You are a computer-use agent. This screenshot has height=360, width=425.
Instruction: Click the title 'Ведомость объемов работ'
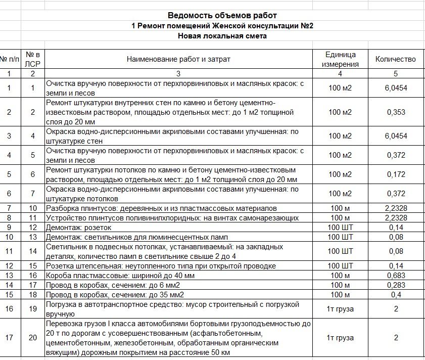click(222, 16)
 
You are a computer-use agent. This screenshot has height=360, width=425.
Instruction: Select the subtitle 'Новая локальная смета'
click(222, 36)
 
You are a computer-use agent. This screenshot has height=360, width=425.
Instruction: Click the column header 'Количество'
click(395, 59)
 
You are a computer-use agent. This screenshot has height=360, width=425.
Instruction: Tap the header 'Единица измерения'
click(340, 59)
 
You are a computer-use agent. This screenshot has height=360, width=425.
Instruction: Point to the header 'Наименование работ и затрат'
click(178, 59)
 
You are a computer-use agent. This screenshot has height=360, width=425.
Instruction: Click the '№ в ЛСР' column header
click(33, 59)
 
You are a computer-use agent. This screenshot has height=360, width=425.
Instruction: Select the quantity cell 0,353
click(395, 112)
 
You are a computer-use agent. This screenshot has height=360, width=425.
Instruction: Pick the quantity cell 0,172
click(395, 174)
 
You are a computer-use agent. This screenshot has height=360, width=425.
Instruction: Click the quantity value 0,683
click(395, 275)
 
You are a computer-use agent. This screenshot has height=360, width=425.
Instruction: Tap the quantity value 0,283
click(395, 285)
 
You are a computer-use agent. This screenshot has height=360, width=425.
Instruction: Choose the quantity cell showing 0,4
click(395, 295)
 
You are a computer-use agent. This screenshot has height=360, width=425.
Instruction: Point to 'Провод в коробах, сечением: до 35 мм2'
click(115, 295)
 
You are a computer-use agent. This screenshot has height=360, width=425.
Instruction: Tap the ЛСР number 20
click(33, 338)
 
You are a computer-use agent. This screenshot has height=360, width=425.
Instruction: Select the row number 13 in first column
click(9, 275)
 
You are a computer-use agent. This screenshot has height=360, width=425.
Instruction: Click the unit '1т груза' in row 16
click(340, 309)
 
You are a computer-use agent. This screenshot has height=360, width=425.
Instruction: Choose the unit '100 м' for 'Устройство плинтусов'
click(340, 218)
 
